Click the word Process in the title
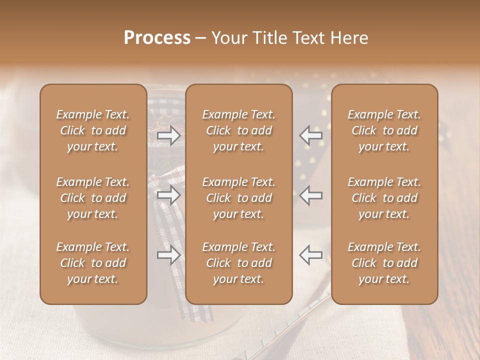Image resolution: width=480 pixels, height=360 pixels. pyautogui.click(x=157, y=38)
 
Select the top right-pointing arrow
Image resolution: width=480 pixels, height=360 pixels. pyautogui.click(x=169, y=135)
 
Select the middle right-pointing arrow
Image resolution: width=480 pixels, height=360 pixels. pyautogui.click(x=169, y=195)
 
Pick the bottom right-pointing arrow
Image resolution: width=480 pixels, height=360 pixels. pyautogui.click(x=169, y=255)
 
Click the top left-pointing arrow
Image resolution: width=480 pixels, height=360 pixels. pyautogui.click(x=310, y=135)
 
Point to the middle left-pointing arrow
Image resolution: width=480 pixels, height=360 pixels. pyautogui.click(x=310, y=195)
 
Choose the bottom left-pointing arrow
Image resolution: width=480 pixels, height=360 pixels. pyautogui.click(x=310, y=255)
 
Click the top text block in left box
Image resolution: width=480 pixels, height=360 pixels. pyautogui.click(x=93, y=130)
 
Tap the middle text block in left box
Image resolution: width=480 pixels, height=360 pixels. pyautogui.click(x=93, y=198)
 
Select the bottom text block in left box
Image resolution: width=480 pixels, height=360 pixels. pyautogui.click(x=93, y=263)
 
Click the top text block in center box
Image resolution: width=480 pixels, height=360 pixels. pyautogui.click(x=238, y=130)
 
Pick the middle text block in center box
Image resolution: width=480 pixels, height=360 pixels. pyautogui.click(x=238, y=198)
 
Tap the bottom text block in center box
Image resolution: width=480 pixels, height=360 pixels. pyautogui.click(x=238, y=263)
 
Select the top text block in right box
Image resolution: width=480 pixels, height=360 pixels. pyautogui.click(x=384, y=130)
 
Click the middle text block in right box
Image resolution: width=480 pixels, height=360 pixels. pyautogui.click(x=384, y=198)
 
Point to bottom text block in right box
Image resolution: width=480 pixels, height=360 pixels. pyautogui.click(x=384, y=263)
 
